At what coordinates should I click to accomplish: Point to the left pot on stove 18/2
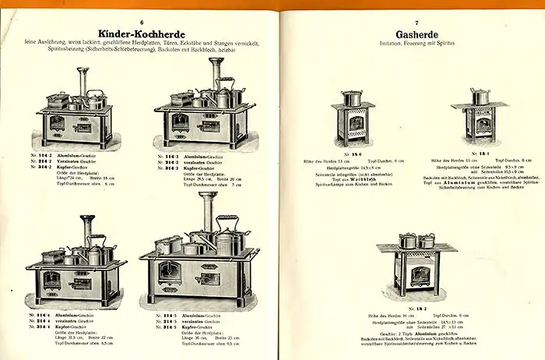tap(407, 241)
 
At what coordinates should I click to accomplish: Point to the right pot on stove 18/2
tap(427, 241)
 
